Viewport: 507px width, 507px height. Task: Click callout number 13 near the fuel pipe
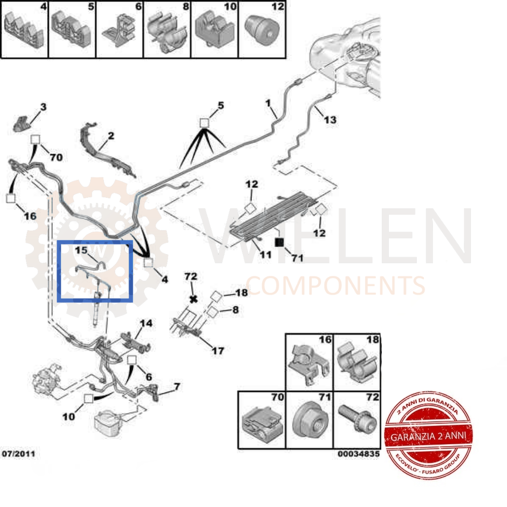point(330,120)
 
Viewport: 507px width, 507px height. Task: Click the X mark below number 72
point(193,299)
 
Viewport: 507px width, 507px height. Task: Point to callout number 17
point(218,350)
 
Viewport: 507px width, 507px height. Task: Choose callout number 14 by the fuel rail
point(146,323)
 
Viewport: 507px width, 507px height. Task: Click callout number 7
point(176,387)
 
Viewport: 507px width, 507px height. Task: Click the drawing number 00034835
point(358,454)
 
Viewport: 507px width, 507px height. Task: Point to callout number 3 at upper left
point(43,107)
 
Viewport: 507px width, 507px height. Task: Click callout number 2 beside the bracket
point(111,136)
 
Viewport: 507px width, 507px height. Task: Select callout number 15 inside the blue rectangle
point(81,250)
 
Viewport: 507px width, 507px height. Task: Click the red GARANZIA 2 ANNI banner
point(429,436)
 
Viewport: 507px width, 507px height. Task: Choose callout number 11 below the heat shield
point(265,255)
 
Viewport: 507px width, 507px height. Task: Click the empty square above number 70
point(35,139)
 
